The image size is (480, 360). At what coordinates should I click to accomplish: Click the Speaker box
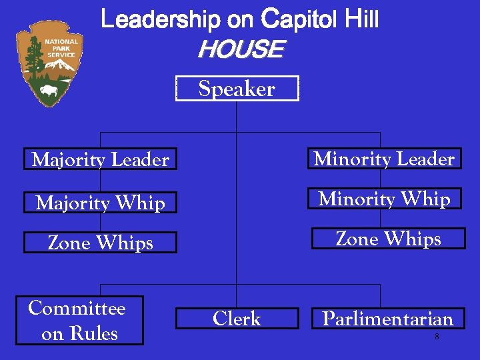coord(237,89)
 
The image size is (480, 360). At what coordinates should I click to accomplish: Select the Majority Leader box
coord(100,159)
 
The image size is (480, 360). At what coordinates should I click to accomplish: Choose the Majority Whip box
coord(100,202)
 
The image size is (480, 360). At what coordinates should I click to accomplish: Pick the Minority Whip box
coord(385,199)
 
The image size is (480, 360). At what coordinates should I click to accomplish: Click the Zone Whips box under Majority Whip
coord(100,243)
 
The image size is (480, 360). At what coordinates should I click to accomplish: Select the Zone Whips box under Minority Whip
coord(389,239)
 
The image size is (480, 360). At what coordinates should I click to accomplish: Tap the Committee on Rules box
coord(79,320)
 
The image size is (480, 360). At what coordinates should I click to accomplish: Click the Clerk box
coord(237,319)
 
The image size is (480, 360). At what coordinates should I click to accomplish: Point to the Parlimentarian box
coord(388,319)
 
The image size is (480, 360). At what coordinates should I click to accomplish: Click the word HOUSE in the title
coord(240,49)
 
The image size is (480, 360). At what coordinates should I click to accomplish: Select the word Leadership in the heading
coord(159,20)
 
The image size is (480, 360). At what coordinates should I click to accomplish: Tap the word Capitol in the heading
coord(300,20)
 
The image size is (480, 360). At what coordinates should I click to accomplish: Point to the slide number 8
coord(437,337)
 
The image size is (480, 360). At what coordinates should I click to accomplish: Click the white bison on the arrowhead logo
coord(49,89)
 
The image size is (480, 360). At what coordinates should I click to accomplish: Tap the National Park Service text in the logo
coord(61,48)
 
